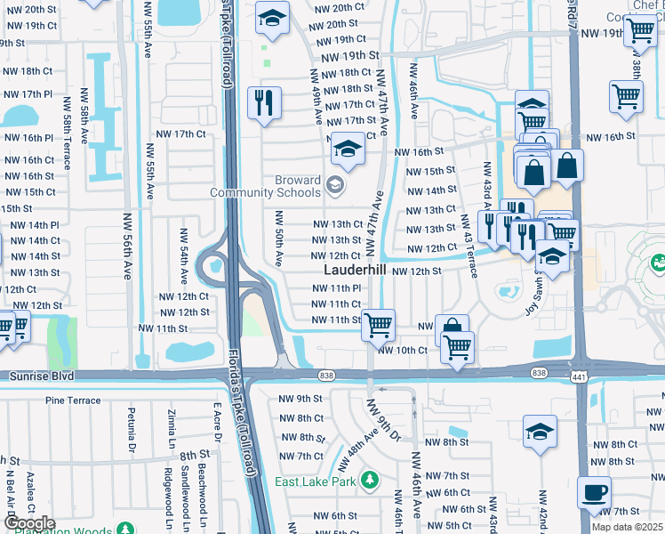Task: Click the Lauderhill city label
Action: tap(354, 270)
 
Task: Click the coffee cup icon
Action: tap(594, 491)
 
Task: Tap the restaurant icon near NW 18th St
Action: tap(265, 102)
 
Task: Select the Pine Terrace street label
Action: tap(73, 400)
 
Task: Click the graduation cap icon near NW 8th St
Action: tap(540, 432)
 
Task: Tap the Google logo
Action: tap(28, 522)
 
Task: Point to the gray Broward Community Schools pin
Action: tap(334, 185)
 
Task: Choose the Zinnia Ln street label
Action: tap(172, 427)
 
